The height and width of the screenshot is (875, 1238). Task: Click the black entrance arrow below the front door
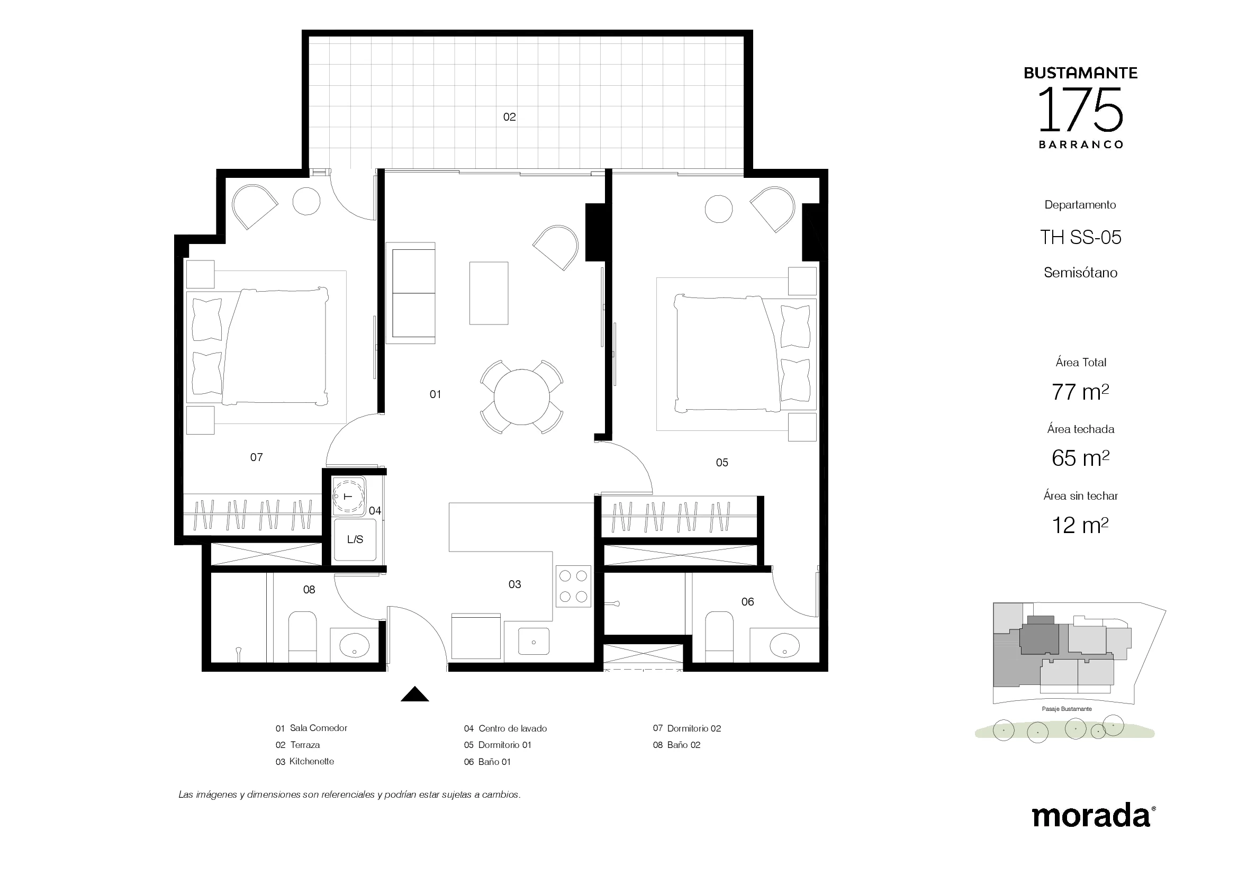414,694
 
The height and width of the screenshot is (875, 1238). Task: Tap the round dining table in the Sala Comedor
521,397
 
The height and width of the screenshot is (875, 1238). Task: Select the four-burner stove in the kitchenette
573,586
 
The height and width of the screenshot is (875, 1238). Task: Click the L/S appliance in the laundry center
355,539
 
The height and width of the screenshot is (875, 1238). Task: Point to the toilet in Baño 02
303,637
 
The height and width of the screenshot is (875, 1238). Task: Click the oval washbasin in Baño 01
784,645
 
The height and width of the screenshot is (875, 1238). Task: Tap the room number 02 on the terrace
510,117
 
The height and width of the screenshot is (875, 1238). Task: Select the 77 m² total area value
1080,392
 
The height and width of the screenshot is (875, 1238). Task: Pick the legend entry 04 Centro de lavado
505,728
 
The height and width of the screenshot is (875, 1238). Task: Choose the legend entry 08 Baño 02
677,745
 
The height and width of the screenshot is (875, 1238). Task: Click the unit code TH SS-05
1081,237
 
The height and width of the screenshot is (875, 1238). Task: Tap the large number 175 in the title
1081,111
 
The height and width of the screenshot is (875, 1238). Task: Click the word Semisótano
1081,273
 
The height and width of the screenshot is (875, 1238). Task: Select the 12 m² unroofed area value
1080,525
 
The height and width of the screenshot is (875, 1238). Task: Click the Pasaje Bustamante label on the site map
1067,709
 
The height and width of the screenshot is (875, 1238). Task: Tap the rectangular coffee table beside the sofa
489,293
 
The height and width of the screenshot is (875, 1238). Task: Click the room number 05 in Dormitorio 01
722,463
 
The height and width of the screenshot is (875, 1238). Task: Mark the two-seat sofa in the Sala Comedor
410,293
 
